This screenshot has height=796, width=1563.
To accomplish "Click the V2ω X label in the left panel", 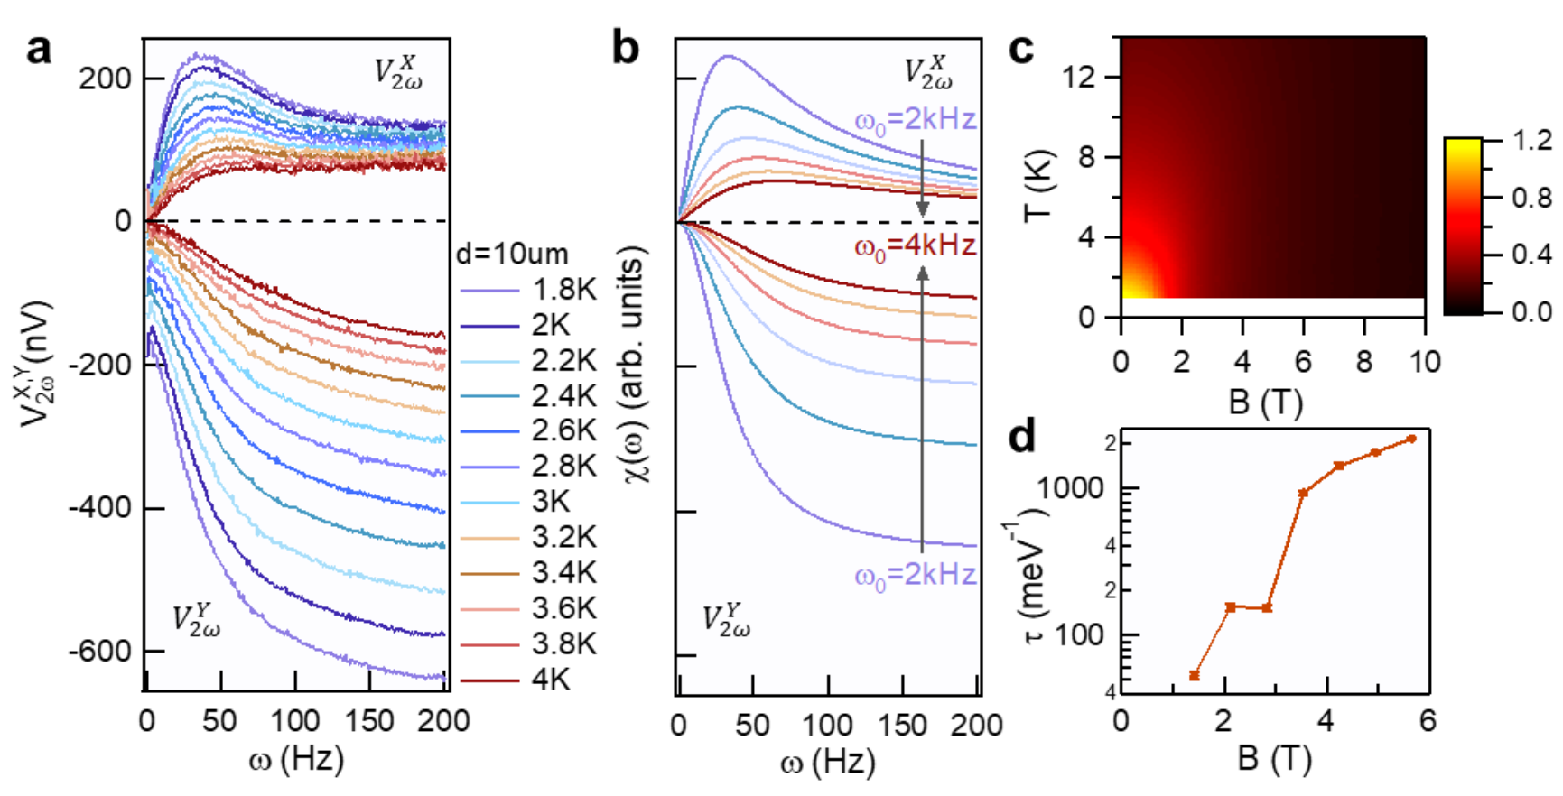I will (398, 72).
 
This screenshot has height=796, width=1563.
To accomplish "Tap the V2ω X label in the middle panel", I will (928, 72).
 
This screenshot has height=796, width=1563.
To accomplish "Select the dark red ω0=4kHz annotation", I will (916, 246).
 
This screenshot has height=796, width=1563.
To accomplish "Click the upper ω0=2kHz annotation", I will (916, 120).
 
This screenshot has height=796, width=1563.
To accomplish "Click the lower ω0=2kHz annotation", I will (916, 575).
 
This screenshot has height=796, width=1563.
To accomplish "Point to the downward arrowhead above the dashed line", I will (923, 209).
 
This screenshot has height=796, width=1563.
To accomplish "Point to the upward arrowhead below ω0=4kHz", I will (923, 273).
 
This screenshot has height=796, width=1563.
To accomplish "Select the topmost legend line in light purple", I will (490, 291).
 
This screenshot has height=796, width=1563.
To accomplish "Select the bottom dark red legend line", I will (490, 680).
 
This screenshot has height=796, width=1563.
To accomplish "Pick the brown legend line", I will (490, 574).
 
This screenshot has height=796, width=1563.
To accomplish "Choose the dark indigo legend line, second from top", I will (490, 326).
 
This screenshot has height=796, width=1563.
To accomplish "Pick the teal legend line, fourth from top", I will (490, 396).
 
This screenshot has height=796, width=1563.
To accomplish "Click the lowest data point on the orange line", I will (1195, 675).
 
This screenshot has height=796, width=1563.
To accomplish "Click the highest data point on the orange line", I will (1412, 439).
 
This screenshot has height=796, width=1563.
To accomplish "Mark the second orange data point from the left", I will (1230, 607).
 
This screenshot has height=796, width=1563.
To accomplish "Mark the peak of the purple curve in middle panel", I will (727, 56).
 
